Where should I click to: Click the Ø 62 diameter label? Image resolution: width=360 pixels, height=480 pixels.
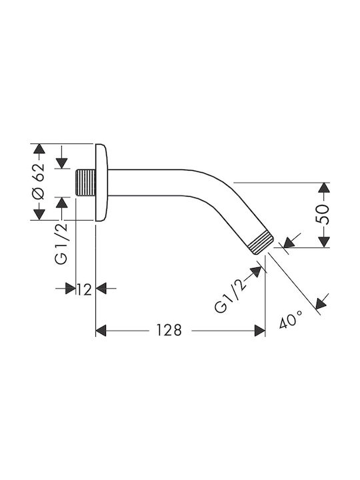click(x=39, y=181)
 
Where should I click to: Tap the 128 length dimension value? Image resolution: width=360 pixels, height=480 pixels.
click(x=169, y=330)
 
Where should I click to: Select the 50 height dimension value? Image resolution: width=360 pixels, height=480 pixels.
click(x=323, y=214)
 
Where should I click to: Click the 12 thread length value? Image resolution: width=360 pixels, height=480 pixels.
click(x=84, y=289)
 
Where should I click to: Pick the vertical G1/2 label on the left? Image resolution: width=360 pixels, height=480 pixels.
click(x=61, y=244)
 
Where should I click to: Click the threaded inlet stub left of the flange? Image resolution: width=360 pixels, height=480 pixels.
click(x=85, y=183)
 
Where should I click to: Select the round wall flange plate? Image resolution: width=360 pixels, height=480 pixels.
click(x=101, y=182)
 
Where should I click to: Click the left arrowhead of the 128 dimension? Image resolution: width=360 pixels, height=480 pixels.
click(x=101, y=331)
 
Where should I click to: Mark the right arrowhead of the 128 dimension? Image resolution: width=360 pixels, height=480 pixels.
click(x=259, y=331)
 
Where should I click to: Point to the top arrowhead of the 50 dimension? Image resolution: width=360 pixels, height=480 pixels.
click(x=324, y=188)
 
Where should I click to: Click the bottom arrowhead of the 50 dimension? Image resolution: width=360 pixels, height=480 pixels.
click(x=324, y=242)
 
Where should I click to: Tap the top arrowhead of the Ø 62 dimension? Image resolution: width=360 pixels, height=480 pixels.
click(x=39, y=149)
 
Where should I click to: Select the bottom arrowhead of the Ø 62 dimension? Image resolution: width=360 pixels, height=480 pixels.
click(x=39, y=214)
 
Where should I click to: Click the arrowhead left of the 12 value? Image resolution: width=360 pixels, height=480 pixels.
click(x=71, y=289)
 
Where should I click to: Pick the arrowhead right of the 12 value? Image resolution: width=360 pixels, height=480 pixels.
click(x=101, y=289)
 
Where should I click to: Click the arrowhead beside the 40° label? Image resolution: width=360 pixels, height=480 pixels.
click(x=321, y=303)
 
